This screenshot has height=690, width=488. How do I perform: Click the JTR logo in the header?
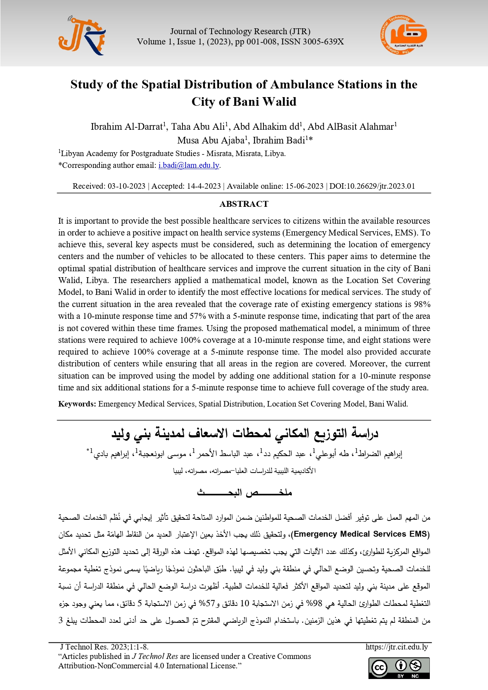tap(82, 36)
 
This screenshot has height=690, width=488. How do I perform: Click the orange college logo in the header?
tap(403, 35)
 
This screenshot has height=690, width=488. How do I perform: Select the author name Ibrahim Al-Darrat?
tap(127, 127)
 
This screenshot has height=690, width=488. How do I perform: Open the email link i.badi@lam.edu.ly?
tap(189, 166)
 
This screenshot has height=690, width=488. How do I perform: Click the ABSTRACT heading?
tap(244, 204)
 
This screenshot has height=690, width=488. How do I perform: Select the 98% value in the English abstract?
tap(422, 304)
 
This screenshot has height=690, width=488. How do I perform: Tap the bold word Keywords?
tap(77, 404)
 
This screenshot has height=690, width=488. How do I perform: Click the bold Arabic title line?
tap(245, 433)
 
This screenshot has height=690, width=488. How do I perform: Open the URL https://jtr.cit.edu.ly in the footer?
tap(396, 647)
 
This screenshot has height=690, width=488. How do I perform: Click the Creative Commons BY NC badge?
tap(399, 668)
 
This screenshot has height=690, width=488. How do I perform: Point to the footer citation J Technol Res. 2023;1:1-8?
tap(104, 647)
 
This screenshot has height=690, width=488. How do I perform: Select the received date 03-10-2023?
tap(127, 186)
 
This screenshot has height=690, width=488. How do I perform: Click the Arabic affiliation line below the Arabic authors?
tap(244, 471)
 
